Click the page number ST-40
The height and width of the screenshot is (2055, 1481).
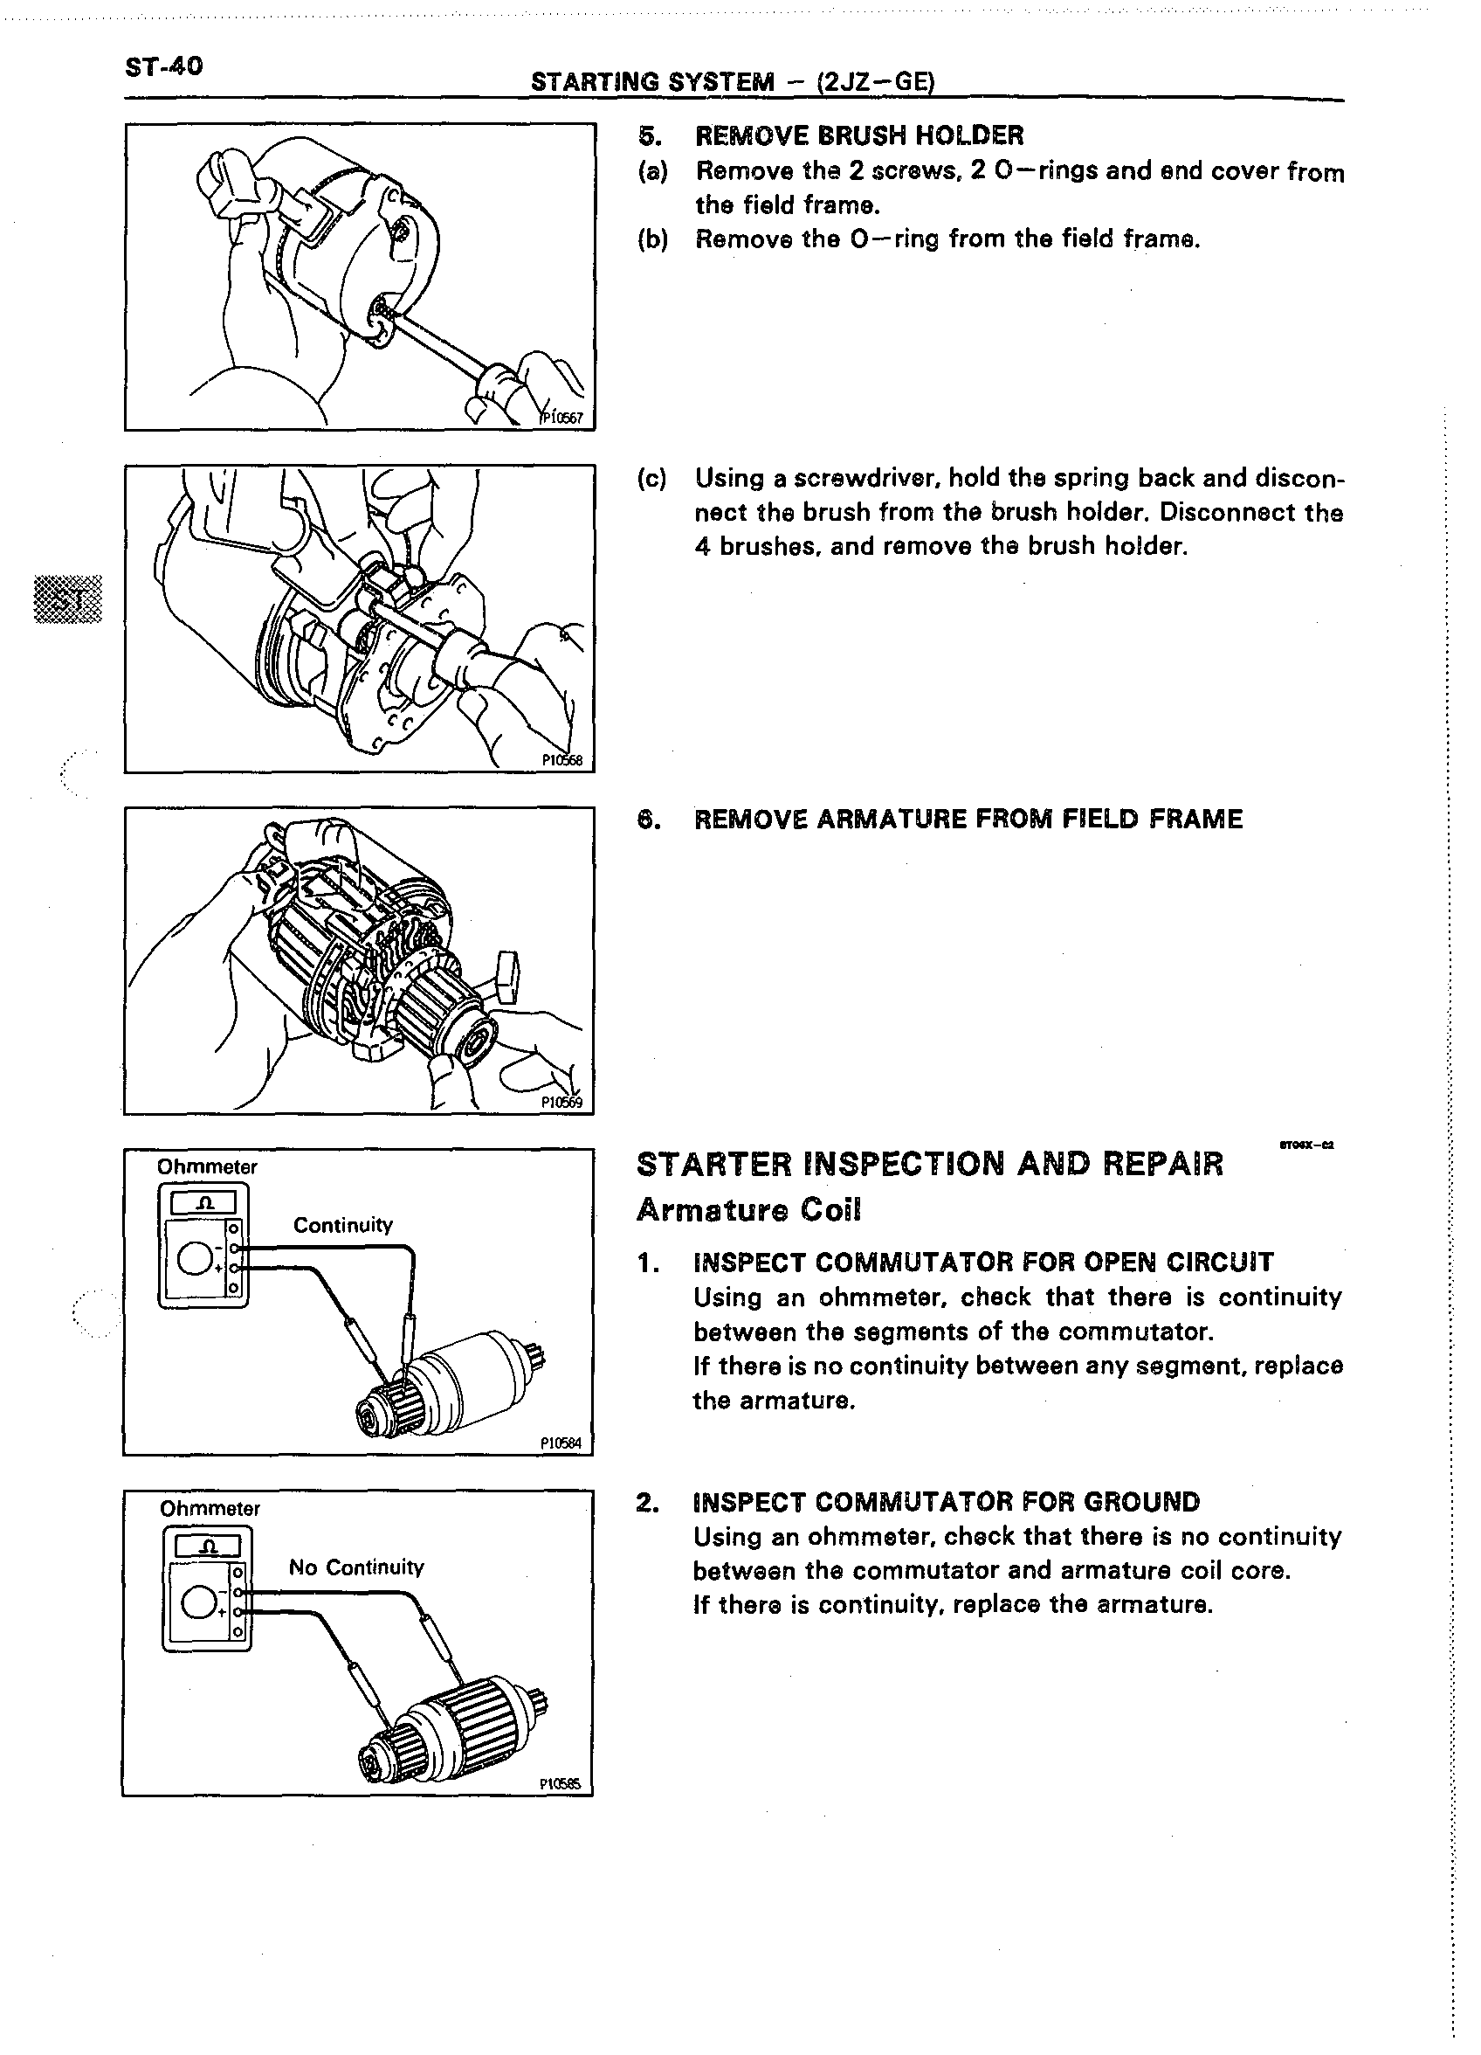pos(164,66)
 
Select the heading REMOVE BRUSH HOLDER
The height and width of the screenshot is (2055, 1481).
pos(858,136)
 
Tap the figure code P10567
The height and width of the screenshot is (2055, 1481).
pos(562,418)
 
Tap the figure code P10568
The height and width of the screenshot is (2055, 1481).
pos(561,761)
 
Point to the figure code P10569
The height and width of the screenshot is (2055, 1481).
pos(561,1103)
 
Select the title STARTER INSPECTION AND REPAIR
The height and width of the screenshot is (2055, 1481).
pos(929,1164)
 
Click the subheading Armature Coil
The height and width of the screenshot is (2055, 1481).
pos(748,1209)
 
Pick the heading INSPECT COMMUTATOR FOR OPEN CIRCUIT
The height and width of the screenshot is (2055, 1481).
pos(982,1263)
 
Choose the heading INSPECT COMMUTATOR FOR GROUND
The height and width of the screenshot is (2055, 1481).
pos(946,1502)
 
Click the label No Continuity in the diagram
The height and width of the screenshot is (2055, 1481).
pos(356,1567)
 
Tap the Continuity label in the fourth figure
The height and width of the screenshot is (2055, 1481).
pos(342,1225)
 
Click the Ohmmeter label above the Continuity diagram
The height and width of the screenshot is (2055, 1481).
pos(207,1167)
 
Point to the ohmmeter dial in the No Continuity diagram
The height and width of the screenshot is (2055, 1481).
pos(198,1604)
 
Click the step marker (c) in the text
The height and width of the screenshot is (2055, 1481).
pos(651,479)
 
